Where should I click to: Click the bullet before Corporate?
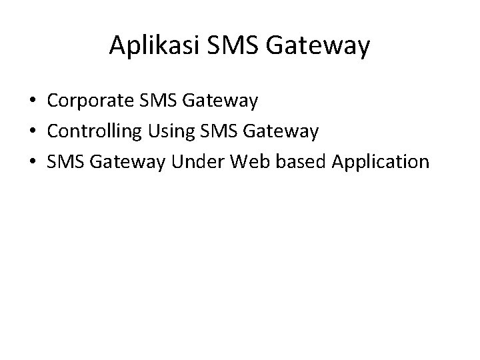32,102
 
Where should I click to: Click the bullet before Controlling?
32,132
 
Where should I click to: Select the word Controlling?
94,132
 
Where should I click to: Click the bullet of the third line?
32,162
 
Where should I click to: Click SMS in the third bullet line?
64,162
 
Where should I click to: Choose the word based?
290,162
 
